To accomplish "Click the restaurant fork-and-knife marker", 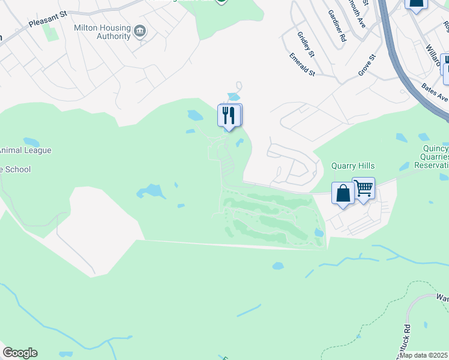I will pos(229,115).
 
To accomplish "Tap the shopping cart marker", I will pos(364,188).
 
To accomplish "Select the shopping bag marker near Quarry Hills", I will pos(343,194).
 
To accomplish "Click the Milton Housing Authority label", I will pos(101,32).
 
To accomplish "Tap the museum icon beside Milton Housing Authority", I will pos(140,31).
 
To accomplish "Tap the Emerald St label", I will pos(302,65).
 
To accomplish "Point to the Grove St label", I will pos(366,65).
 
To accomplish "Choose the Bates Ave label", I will pos(435,92).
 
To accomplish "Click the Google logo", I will pos(20,353).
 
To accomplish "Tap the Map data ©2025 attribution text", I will pos(423,355).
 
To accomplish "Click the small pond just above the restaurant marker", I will pos(233,97).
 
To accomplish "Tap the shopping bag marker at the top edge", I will pos(416,4).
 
